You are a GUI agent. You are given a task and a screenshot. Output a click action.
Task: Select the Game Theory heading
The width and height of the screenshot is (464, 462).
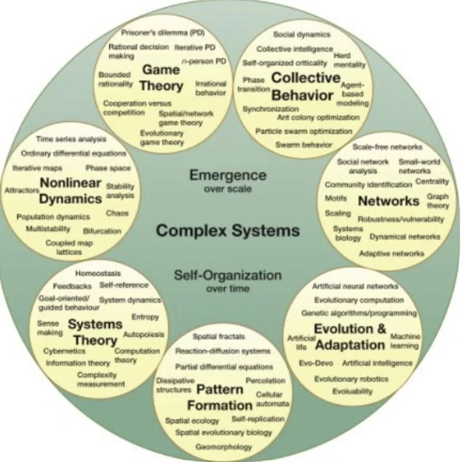161,78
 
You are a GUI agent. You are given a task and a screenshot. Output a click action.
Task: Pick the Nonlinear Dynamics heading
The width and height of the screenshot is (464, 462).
71,190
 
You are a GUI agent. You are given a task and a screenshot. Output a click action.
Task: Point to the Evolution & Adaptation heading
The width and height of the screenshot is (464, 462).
350,336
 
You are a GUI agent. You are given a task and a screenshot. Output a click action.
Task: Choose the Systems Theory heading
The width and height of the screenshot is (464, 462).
95,332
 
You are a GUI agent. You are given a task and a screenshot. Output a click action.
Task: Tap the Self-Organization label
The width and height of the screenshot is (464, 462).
227,275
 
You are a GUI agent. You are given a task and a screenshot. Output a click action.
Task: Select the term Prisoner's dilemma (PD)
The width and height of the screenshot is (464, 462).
155,33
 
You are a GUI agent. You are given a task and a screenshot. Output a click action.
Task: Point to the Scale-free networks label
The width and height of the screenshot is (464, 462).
387,147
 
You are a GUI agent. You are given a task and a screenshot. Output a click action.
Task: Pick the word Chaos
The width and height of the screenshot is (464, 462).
117,214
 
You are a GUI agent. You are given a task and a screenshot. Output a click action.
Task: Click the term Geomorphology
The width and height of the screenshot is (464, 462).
223,447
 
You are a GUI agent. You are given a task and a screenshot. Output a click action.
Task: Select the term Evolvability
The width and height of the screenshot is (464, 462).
353,391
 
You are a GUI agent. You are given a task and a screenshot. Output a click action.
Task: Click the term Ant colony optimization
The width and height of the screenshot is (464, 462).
318,118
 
